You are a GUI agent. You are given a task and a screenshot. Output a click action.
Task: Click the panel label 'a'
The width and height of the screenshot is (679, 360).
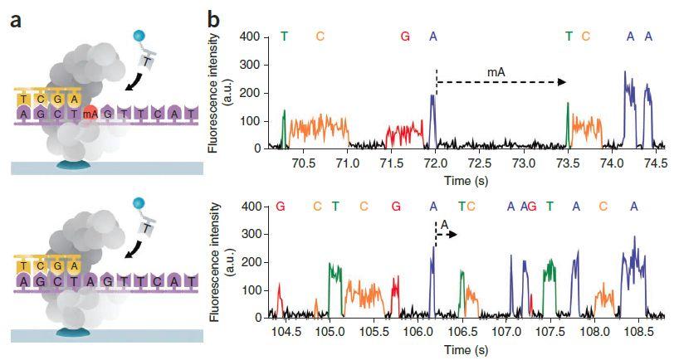point(16,17)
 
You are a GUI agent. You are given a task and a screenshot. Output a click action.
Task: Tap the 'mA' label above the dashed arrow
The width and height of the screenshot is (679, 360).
point(496,74)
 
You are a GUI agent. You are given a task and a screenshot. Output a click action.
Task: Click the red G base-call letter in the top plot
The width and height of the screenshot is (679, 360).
point(405,36)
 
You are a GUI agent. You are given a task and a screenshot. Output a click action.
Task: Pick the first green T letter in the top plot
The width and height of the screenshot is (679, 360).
point(284,36)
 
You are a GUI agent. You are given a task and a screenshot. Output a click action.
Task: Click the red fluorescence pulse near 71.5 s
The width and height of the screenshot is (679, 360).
point(404,133)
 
